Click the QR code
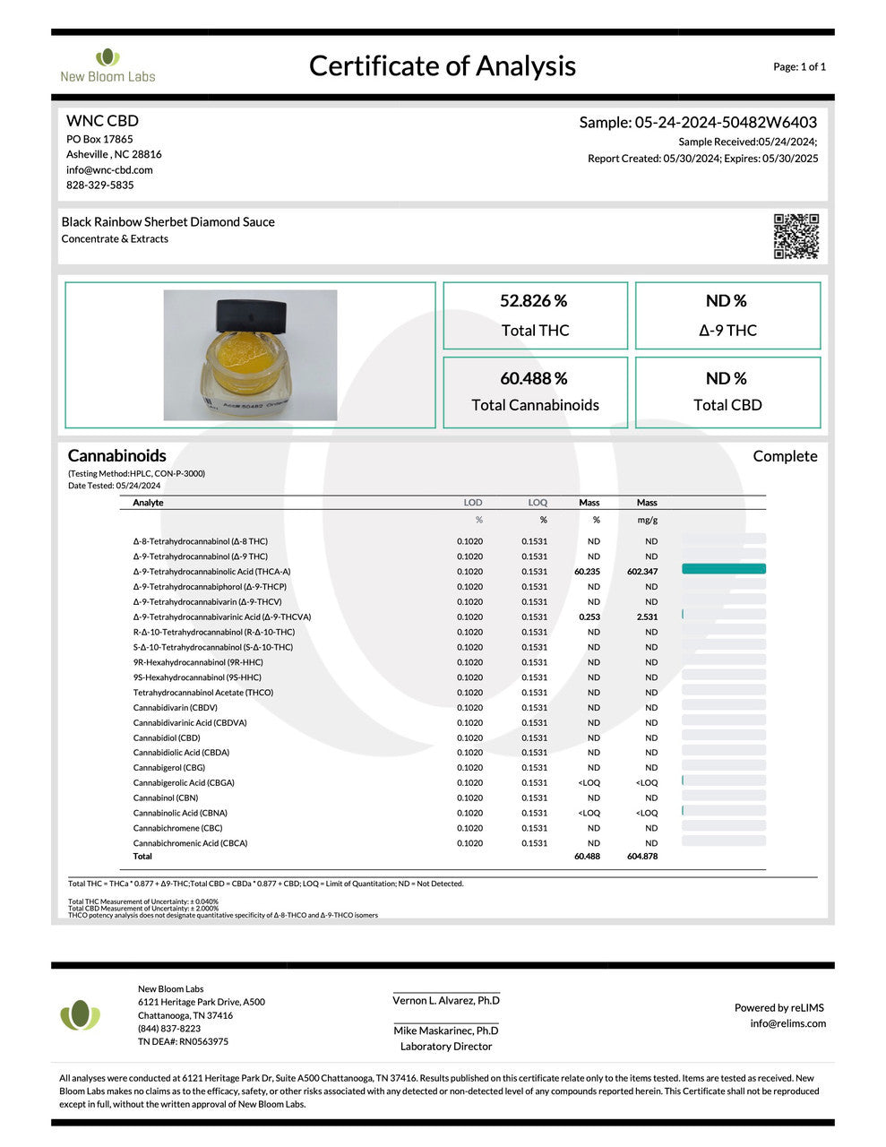click(x=796, y=237)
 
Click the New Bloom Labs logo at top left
click(x=108, y=65)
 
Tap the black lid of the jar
click(x=252, y=315)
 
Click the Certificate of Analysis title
click(x=442, y=65)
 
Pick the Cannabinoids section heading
click(x=116, y=455)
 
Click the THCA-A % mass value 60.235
click(x=587, y=572)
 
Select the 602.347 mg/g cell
click(x=642, y=572)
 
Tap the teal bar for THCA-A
click(x=723, y=569)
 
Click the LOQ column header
click(x=538, y=503)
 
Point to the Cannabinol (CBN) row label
click(x=166, y=798)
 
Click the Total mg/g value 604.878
click(x=642, y=857)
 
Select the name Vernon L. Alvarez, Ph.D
click(x=446, y=1001)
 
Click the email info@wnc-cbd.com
click(x=109, y=169)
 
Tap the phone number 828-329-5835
click(x=99, y=185)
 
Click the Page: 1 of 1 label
click(x=799, y=66)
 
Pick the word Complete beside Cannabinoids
click(x=785, y=456)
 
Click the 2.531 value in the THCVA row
click(x=647, y=617)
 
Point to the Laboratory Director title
click(x=446, y=1047)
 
